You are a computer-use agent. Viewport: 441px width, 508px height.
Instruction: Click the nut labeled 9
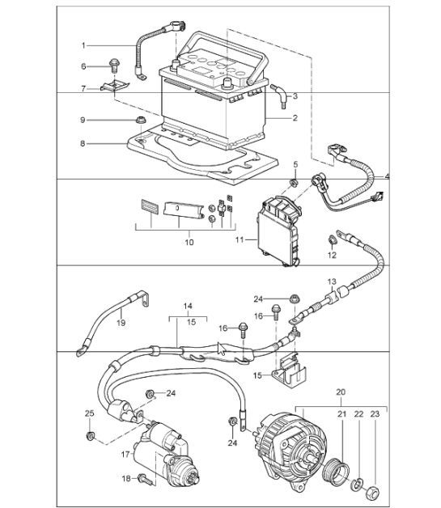tap(142, 121)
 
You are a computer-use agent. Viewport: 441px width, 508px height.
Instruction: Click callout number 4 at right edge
tap(388, 176)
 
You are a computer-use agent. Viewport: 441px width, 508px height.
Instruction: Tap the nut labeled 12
tap(332, 240)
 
